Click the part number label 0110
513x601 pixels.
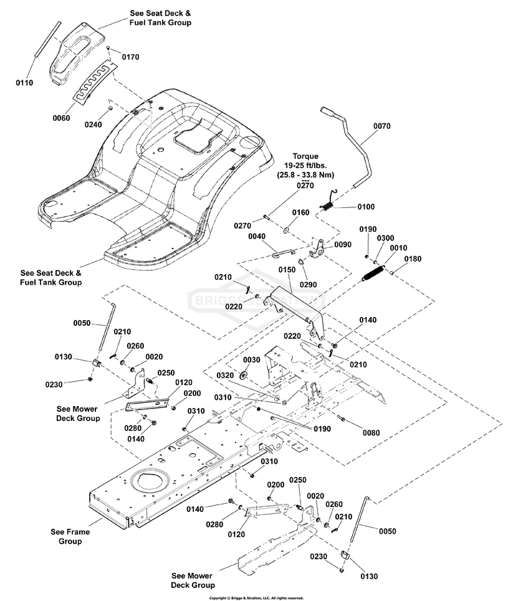tap(24, 82)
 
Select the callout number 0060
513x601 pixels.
tap(62, 118)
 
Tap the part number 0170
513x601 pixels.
tap(130, 57)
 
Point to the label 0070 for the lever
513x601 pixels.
tap(383, 126)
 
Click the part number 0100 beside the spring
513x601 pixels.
tap(367, 206)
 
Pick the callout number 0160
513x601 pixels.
tap(300, 212)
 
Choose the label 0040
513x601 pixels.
tap(257, 237)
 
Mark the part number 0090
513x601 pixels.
tap(343, 245)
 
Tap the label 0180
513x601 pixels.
tap(413, 258)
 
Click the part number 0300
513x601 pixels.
tap(386, 239)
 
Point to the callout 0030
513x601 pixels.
tap(251, 360)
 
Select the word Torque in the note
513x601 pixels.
tap(305, 156)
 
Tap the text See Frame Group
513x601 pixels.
tap(70, 536)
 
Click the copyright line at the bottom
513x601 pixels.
tap(256, 597)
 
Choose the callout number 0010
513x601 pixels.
tap(398, 248)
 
